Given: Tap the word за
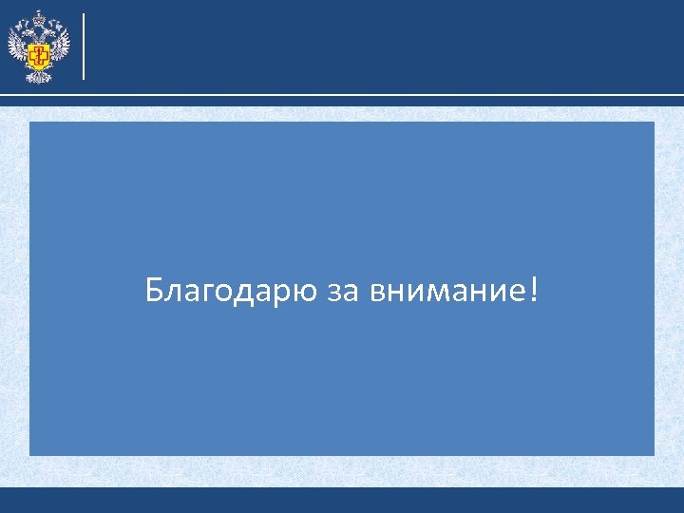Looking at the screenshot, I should coord(341,292).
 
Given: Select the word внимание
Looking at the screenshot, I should coord(442,291).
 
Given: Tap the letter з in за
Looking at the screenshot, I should coord(333,292).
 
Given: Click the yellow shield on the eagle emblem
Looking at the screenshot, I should coord(39,55).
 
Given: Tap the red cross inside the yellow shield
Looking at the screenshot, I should coord(39,55).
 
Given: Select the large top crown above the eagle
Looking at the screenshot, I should coord(39,18).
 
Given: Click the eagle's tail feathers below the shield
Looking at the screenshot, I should coord(39,76).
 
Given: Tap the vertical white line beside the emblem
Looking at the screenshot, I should coord(85,46).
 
